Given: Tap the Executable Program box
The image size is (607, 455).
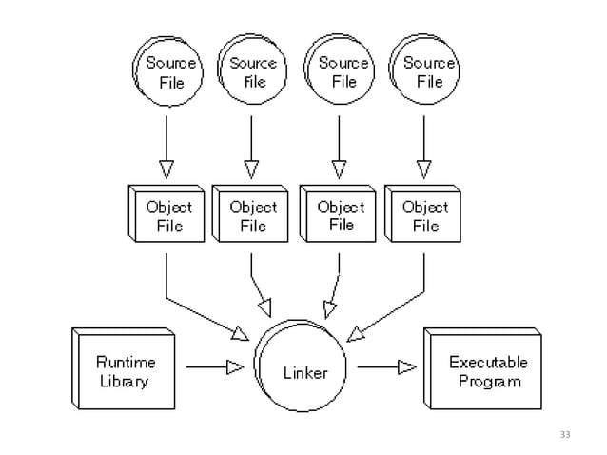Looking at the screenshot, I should tap(486, 371).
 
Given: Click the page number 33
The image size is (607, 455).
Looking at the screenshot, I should tap(566, 435).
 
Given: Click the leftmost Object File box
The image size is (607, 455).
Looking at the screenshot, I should tap(167, 215).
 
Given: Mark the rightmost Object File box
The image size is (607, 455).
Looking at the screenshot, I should tap(424, 215).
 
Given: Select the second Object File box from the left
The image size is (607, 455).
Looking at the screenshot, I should tap(252, 215).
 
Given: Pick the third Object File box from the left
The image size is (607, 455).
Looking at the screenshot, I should tap(339, 215).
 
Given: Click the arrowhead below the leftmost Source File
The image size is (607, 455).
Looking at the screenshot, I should tap(166, 169).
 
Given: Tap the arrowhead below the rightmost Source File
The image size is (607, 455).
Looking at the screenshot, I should tap(421, 169).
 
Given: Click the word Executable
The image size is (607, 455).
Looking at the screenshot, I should tap(487, 362).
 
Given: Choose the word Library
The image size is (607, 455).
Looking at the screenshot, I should tap(124, 381).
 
